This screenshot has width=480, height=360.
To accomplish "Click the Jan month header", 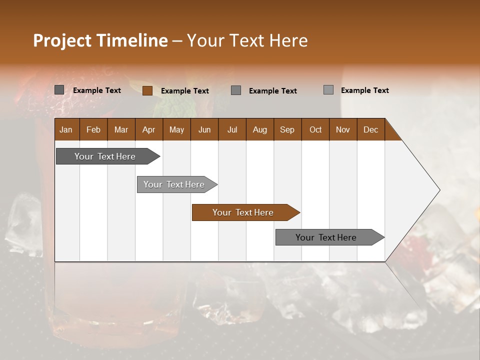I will click(x=66, y=129).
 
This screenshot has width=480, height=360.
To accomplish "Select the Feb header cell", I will click(x=93, y=129).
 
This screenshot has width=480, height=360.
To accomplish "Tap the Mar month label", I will click(x=121, y=129).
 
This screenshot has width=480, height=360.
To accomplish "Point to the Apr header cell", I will click(x=148, y=129).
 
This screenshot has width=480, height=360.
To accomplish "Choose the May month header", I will click(x=176, y=129).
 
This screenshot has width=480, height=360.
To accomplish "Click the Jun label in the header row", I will click(x=204, y=129).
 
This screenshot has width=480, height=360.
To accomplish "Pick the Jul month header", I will click(x=232, y=129).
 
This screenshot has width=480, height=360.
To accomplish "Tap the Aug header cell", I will click(x=259, y=129).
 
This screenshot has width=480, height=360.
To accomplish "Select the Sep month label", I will click(x=287, y=129).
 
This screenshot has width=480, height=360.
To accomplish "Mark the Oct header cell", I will click(x=315, y=129).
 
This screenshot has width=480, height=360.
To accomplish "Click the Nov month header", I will click(x=343, y=129).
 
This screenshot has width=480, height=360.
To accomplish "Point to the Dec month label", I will click(x=370, y=129).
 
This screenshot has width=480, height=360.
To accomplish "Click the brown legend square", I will click(x=147, y=90).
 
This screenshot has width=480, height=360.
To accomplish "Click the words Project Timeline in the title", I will click(x=100, y=40).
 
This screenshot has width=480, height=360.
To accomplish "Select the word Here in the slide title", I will click(x=288, y=40).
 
